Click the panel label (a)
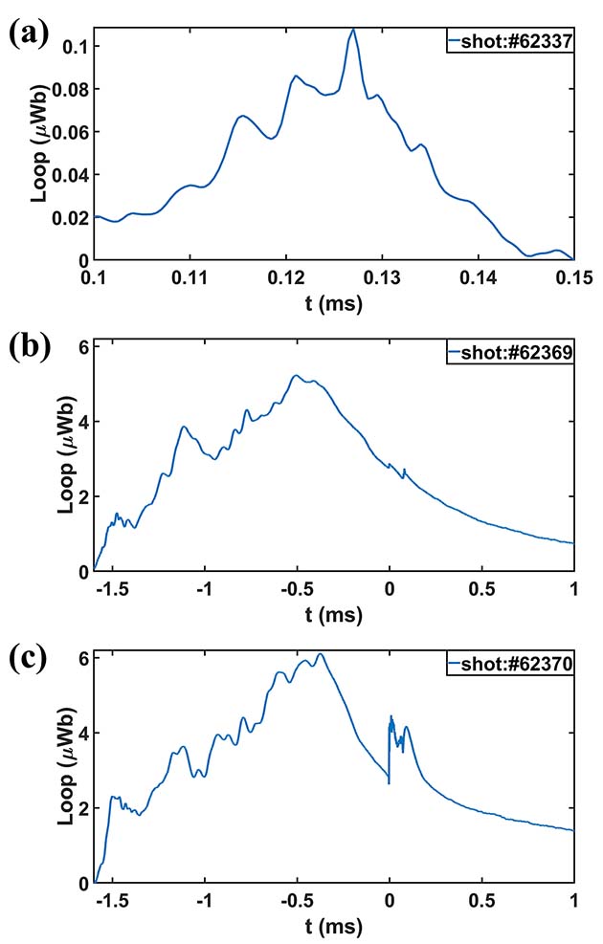point(28,35)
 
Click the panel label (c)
point(28,660)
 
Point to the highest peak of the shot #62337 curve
point(353,30)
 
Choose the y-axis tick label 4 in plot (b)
point(83,422)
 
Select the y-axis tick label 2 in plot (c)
point(83,808)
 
